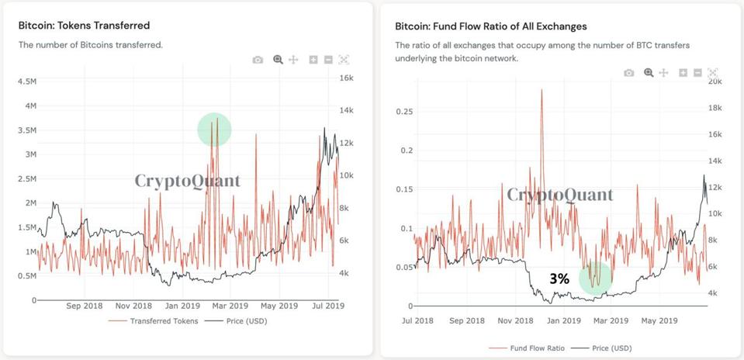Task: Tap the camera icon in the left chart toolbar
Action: pyautogui.click(x=258, y=60)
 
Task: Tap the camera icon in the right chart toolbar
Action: pyautogui.click(x=629, y=73)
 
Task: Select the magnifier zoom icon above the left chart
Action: pyautogui.click(x=277, y=60)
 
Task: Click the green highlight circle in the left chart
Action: pyautogui.click(x=214, y=129)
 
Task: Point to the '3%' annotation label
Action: pyautogui.click(x=559, y=278)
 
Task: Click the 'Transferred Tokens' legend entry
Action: pyautogui.click(x=163, y=320)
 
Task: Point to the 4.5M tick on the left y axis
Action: pyautogui.click(x=26, y=81)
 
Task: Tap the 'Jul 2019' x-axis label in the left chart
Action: pyautogui.click(x=327, y=306)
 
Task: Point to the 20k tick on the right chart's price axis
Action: pyautogui.click(x=715, y=81)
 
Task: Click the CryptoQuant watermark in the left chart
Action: pyautogui.click(x=188, y=182)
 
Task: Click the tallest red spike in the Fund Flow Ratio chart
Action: pyautogui.click(x=541, y=91)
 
